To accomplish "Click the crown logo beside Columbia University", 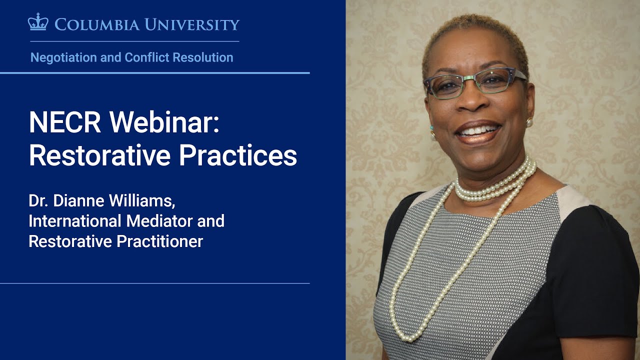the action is coord(38,21).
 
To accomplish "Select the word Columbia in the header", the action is coord(97,24).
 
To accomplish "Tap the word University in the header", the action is coord(192,24).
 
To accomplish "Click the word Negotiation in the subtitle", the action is coord(63,57).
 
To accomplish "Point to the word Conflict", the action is coord(147,57).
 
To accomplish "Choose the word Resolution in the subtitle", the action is coord(203,57).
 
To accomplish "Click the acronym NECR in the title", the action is coord(65,122).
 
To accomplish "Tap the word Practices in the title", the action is coord(238,155).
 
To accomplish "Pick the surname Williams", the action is coord(142,201).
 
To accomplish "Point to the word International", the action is coord(75,221).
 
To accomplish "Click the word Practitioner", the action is coord(159,241).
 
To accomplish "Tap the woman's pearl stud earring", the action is coord(529,122).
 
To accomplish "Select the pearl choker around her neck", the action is coord(495,182).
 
